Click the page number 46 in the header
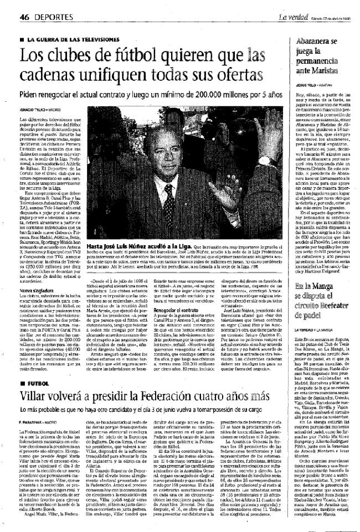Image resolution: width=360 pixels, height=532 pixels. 24,18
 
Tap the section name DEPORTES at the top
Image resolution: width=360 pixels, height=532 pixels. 52,18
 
